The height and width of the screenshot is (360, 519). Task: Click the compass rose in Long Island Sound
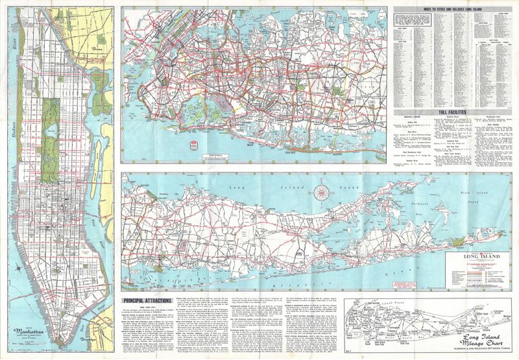319,191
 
